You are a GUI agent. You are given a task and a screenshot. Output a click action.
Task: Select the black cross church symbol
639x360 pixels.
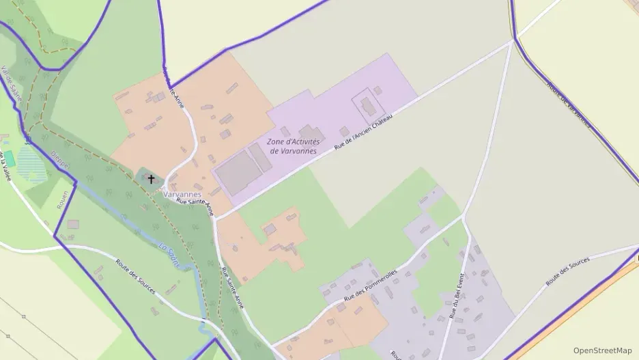pos(151,180)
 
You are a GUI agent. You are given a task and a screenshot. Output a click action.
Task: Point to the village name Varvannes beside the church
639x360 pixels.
pos(182,194)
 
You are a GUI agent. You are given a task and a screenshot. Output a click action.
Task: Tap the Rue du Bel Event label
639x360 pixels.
pos(457,296)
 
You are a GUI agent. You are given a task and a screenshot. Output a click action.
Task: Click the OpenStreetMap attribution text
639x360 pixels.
pos(602,350)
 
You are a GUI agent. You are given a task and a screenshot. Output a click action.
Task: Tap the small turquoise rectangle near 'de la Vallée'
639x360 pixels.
pos(9,159)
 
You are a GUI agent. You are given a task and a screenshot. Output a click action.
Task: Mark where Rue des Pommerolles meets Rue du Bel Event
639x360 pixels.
pos(464,218)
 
